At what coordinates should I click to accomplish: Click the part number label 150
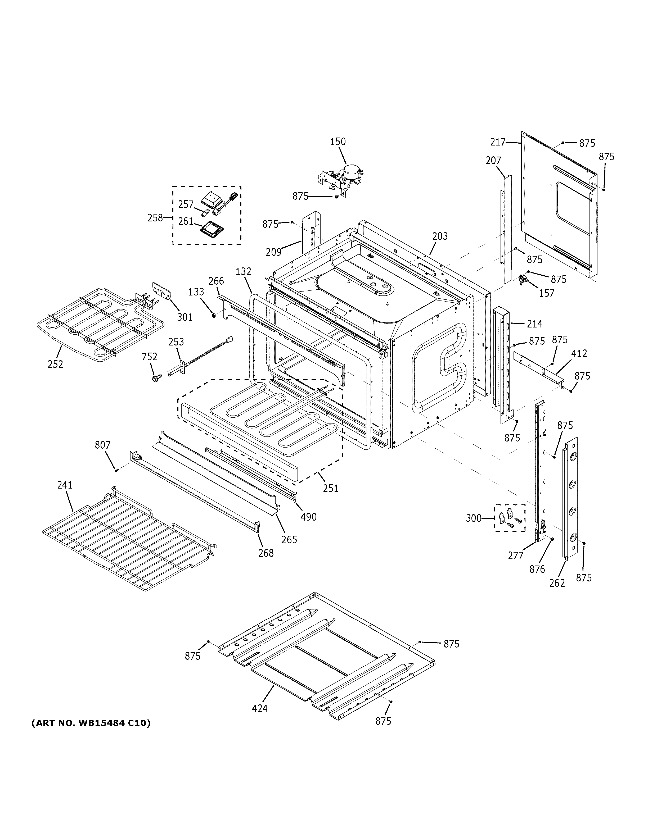click(x=338, y=142)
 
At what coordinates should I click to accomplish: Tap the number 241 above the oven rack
click(x=65, y=485)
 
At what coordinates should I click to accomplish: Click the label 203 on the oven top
click(x=440, y=236)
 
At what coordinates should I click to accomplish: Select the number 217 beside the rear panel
click(x=498, y=142)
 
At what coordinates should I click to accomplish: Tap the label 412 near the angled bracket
click(x=579, y=353)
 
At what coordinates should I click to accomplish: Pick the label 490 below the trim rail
click(x=308, y=517)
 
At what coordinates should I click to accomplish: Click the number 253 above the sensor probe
click(x=176, y=341)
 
